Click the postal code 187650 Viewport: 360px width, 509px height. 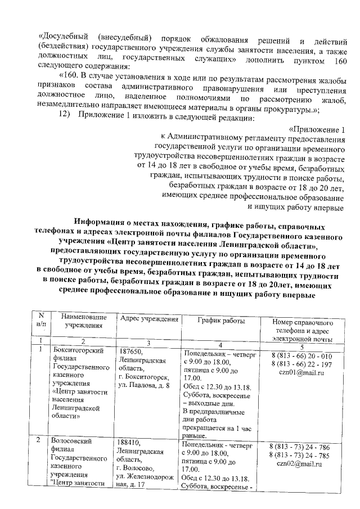130,352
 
